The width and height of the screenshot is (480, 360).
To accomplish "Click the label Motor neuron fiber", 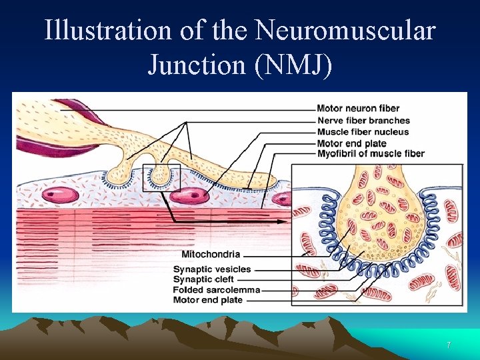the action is coord(358,109).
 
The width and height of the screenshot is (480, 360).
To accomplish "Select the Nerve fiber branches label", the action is coord(363,121).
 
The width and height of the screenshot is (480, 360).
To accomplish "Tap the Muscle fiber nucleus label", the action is coord(363,132).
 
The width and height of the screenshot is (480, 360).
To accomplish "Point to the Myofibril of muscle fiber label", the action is coord(371,154).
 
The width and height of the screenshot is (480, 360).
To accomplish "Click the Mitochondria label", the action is coord(211,254).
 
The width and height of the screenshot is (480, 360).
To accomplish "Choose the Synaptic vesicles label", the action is coord(212,269).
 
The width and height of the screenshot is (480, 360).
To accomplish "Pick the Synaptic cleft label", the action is coord(203,279).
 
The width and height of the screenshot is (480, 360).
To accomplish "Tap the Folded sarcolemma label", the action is coord(216,290).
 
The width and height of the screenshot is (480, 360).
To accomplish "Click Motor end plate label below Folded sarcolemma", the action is coord(208,300).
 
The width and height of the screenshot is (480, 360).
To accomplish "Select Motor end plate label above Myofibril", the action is coord(351,143).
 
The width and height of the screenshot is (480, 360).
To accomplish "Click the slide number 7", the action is coord(449,345).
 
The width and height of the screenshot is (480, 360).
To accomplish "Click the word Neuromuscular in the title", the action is coord(345,31).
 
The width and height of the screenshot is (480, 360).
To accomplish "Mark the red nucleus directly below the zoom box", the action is coord(192,195).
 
